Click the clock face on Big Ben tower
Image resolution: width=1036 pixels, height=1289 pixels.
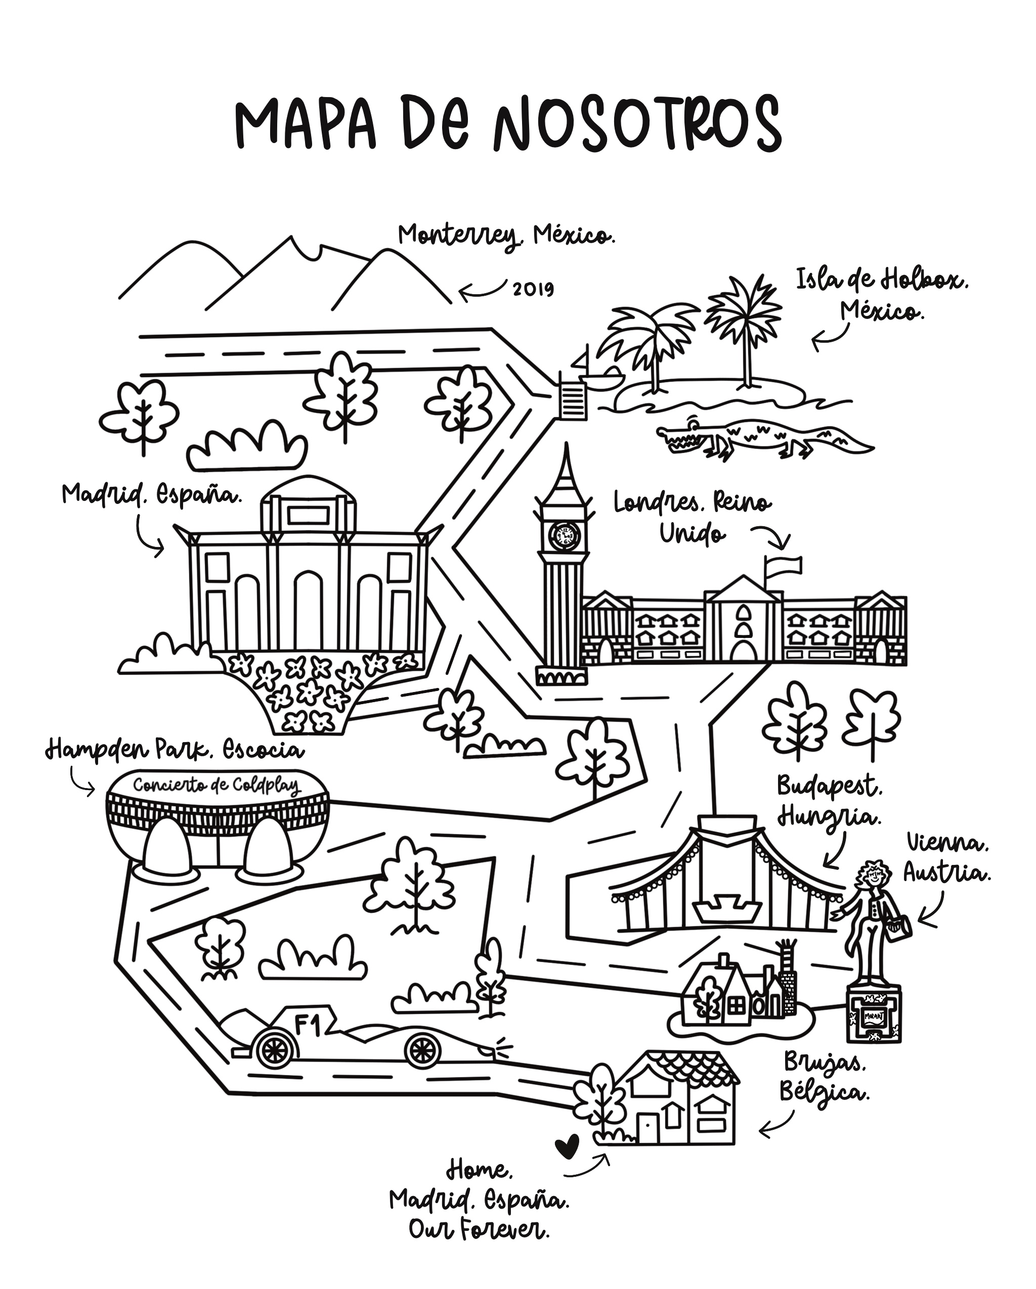(x=564, y=535)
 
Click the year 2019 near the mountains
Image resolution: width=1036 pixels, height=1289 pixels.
(x=533, y=289)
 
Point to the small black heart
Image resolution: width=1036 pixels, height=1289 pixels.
(x=567, y=1145)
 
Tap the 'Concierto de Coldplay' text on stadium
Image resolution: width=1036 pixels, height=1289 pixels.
(x=217, y=785)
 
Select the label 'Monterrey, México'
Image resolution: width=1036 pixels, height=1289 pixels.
(x=506, y=236)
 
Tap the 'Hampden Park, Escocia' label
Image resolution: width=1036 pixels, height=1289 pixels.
(x=175, y=750)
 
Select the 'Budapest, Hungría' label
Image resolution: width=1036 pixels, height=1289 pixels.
(x=829, y=801)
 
